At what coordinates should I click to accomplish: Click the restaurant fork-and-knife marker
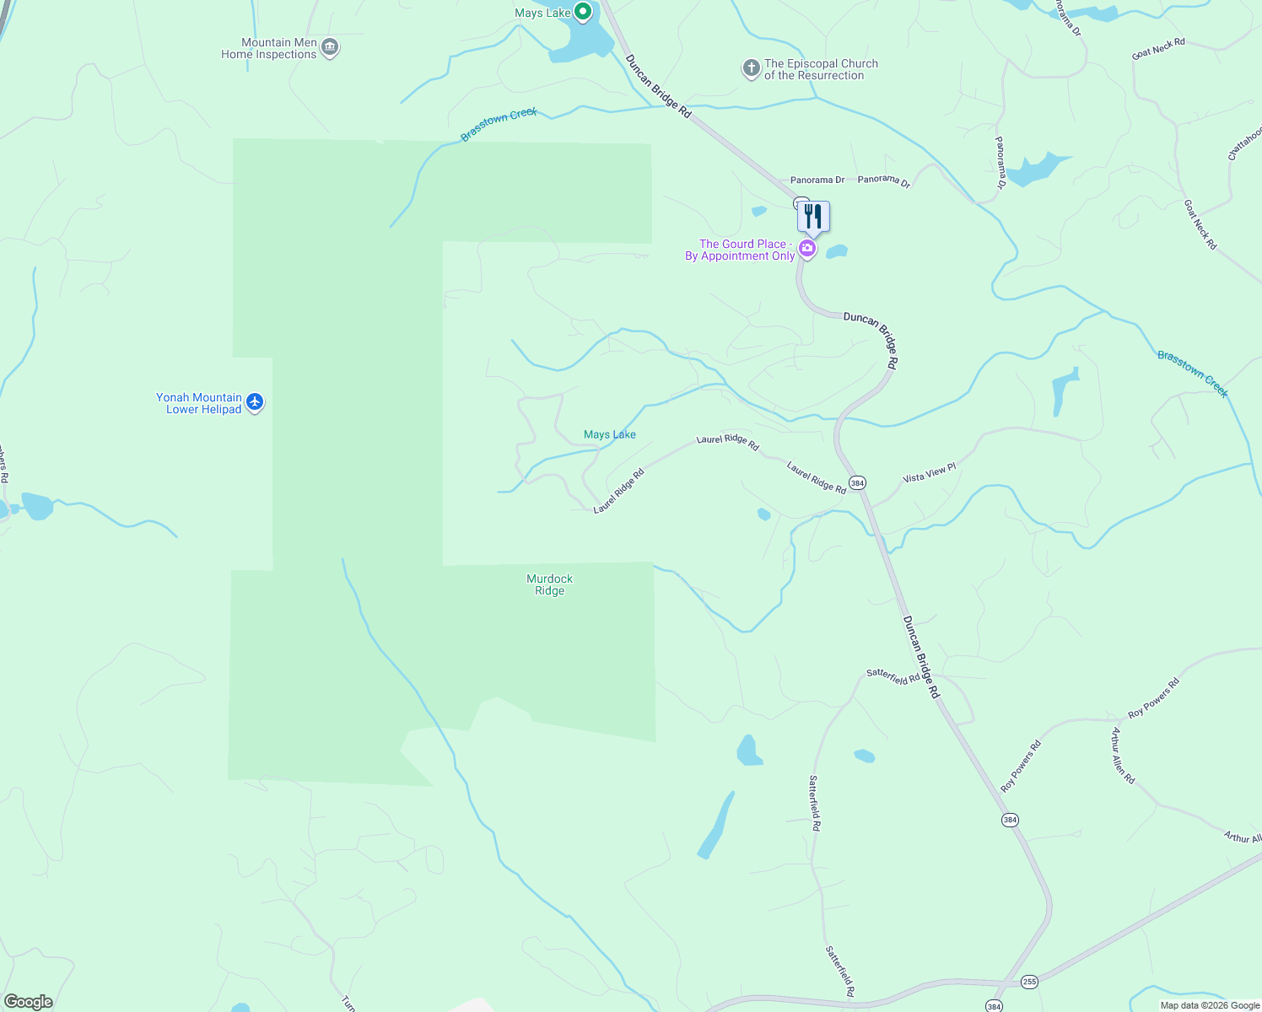813,216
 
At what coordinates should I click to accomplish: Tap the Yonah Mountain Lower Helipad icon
255,403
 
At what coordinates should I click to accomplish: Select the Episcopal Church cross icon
751,69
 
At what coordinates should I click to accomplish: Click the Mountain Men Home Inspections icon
331,48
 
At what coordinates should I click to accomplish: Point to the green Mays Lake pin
582,12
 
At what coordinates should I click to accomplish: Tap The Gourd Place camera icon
807,249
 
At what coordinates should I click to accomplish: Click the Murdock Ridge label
549,584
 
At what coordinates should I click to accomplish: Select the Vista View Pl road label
929,473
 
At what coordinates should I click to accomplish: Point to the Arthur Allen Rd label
1123,756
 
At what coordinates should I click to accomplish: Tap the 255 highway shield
1029,981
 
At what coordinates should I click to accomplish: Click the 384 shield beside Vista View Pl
857,483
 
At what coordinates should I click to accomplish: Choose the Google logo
28,1002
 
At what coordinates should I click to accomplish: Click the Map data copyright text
1210,1005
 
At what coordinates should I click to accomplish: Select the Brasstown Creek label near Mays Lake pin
499,125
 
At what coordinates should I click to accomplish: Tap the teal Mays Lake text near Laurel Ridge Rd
610,434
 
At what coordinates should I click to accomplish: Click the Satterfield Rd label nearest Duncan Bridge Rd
893,676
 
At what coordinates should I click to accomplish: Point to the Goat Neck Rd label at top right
1158,49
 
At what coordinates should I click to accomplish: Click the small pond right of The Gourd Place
837,251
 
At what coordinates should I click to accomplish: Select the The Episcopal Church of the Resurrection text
821,69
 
